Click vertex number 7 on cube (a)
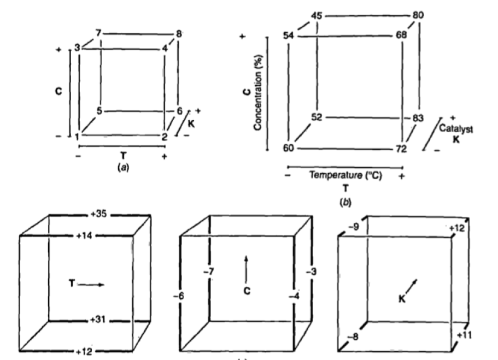pyautogui.click(x=98, y=34)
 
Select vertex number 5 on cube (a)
pyautogui.click(x=99, y=110)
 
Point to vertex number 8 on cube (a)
pyautogui.click(x=178, y=34)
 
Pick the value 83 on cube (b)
pyautogui.click(x=419, y=119)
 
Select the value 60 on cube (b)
pyautogui.click(x=289, y=147)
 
